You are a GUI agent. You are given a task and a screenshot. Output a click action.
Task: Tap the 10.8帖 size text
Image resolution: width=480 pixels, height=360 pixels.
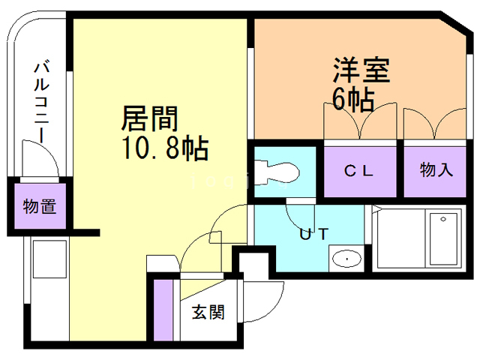[x=164, y=148]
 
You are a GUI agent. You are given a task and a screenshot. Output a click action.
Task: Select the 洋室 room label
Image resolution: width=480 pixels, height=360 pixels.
[x=362, y=73]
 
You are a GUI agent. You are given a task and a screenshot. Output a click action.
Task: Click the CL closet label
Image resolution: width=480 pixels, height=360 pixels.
[x=358, y=170]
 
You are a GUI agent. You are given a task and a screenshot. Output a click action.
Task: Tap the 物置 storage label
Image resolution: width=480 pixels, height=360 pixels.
[x=39, y=205]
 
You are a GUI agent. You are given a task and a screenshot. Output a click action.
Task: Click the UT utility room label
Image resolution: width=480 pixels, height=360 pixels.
[x=313, y=233]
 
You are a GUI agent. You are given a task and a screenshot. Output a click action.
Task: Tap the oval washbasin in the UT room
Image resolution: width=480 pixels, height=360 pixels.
[x=346, y=259]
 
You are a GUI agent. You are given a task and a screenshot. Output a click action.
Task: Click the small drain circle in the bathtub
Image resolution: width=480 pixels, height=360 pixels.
[x=443, y=219]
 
